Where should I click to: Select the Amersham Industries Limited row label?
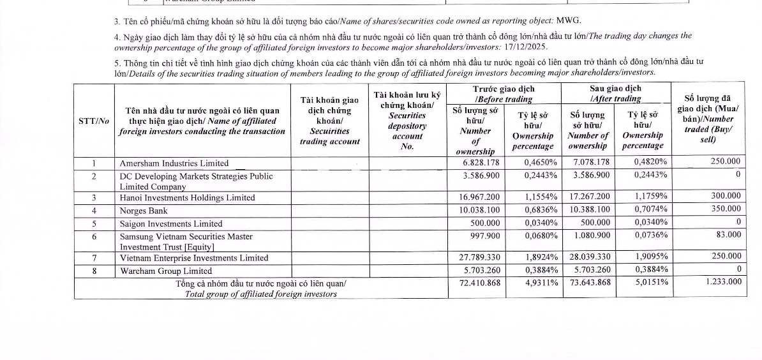[x=174, y=163]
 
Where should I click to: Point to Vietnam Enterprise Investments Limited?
[x=194, y=259]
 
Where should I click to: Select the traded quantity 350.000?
[x=725, y=209]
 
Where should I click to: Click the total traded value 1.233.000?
[x=724, y=281]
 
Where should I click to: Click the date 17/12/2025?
[x=527, y=47]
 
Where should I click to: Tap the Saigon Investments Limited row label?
[x=171, y=224]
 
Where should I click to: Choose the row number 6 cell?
[x=94, y=236]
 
